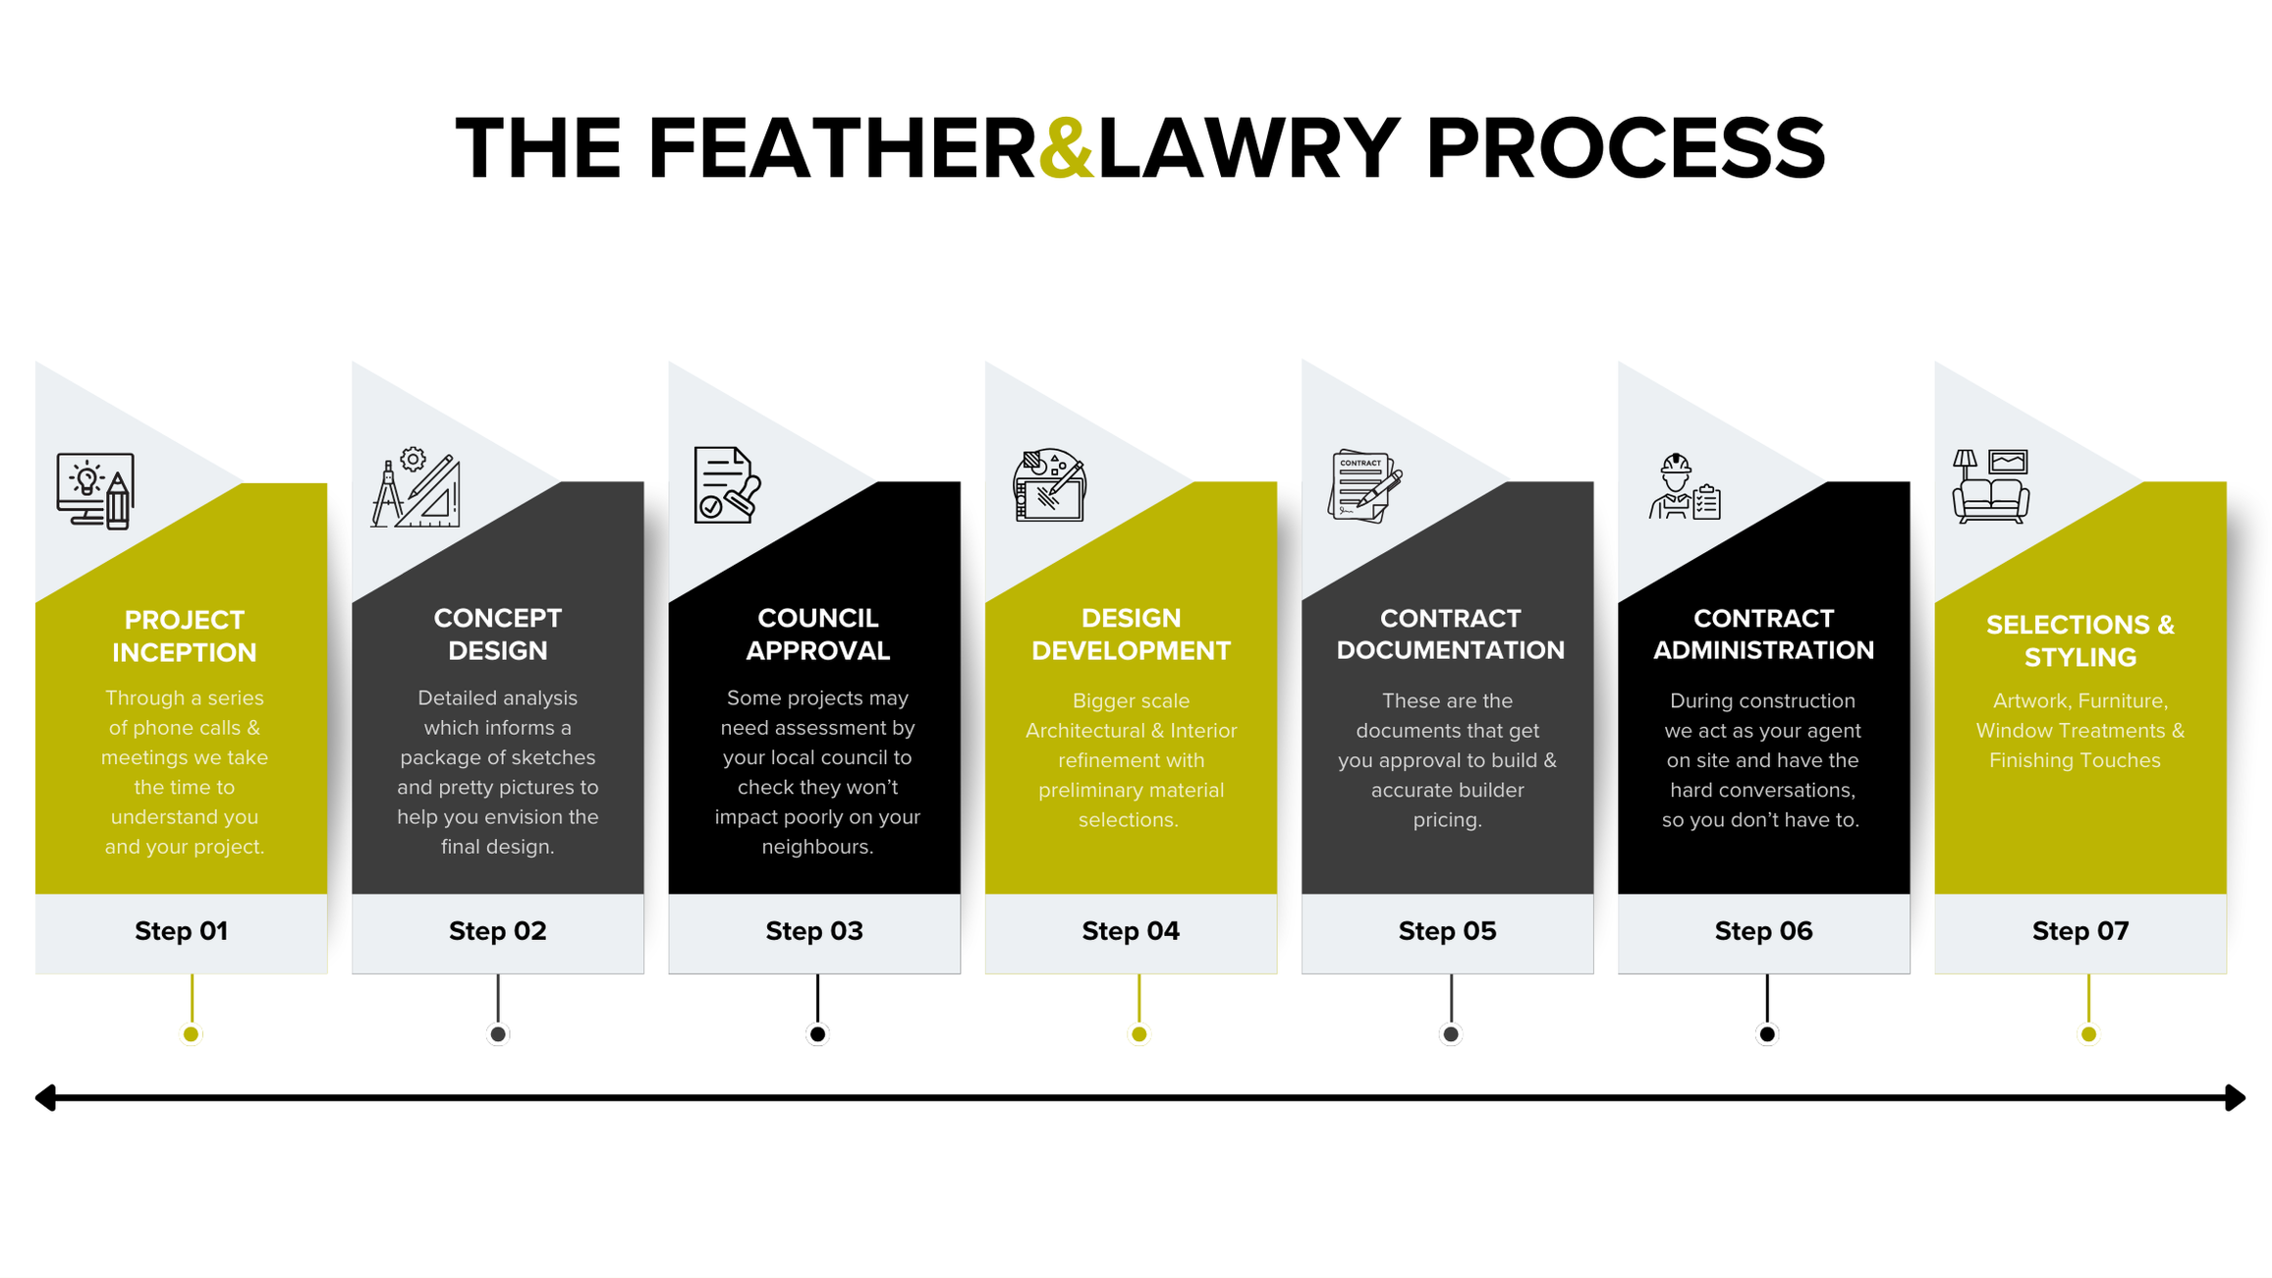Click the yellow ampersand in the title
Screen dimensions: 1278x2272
pyautogui.click(x=1066, y=148)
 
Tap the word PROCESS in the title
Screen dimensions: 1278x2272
pyautogui.click(x=1625, y=148)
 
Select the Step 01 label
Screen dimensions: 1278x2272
pyautogui.click(x=182, y=930)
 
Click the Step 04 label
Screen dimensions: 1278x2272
pyautogui.click(x=1131, y=930)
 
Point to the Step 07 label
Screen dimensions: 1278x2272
pyautogui.click(x=2080, y=930)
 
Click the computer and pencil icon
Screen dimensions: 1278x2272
pyautogui.click(x=95, y=490)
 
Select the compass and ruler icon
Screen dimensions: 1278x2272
pyautogui.click(x=416, y=488)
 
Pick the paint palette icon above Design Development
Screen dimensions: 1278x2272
pyautogui.click(x=1049, y=485)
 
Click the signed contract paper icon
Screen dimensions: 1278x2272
pyautogui.click(x=1364, y=485)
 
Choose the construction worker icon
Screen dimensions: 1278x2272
pyautogui.click(x=1684, y=486)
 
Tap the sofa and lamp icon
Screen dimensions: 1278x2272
pyautogui.click(x=1991, y=486)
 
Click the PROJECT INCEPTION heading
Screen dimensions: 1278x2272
pyautogui.click(x=184, y=636)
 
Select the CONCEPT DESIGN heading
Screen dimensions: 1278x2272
pyautogui.click(x=498, y=634)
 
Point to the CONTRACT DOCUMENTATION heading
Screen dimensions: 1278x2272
pyautogui.click(x=1450, y=634)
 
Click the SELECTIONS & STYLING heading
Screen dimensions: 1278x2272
pyautogui.click(x=2080, y=640)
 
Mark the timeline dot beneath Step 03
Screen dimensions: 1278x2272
pyautogui.click(x=817, y=1033)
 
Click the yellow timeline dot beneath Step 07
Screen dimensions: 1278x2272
pyautogui.click(x=2088, y=1033)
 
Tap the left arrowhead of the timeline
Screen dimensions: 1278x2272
pyautogui.click(x=45, y=1097)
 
